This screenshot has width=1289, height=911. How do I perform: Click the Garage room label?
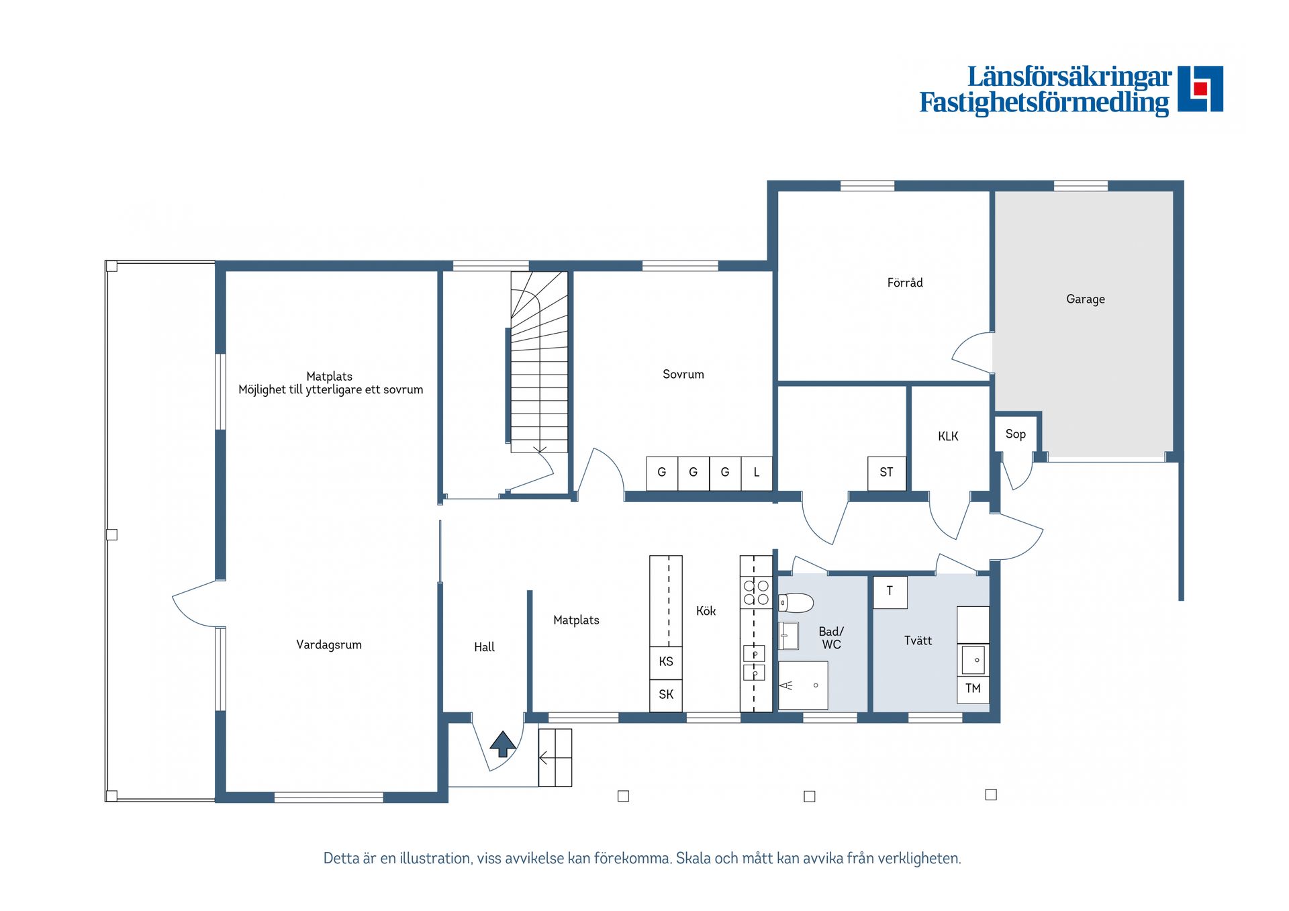pyautogui.click(x=1085, y=299)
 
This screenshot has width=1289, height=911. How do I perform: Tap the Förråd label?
pyautogui.click(x=904, y=283)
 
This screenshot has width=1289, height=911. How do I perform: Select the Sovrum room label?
pyautogui.click(x=683, y=374)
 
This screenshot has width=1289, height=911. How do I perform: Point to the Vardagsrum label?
pyautogui.click(x=328, y=644)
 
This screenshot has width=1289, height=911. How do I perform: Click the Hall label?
pyautogui.click(x=484, y=647)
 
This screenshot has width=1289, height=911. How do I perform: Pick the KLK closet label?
pyautogui.click(x=948, y=436)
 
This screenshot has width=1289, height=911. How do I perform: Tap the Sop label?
pyautogui.click(x=1015, y=434)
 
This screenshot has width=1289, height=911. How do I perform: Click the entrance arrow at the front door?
pyautogui.click(x=503, y=744)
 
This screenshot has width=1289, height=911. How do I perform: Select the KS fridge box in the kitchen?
pyautogui.click(x=666, y=662)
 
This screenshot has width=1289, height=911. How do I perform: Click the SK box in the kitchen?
pyautogui.click(x=666, y=695)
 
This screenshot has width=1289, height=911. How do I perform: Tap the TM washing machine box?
pyautogui.click(x=973, y=689)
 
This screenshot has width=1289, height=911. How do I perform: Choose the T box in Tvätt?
pyautogui.click(x=890, y=591)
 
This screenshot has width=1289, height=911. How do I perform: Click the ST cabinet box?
pyautogui.click(x=886, y=473)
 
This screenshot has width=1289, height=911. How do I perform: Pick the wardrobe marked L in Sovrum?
pyautogui.click(x=757, y=473)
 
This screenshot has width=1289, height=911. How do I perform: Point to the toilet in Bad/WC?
pyautogui.click(x=796, y=602)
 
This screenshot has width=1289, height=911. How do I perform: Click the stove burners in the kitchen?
pyautogui.click(x=756, y=592)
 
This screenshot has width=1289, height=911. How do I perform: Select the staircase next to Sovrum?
pyautogui.click(x=538, y=363)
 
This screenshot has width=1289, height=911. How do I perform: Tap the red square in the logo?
pyautogui.click(x=1200, y=89)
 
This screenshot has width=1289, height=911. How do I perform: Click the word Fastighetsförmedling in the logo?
pyautogui.click(x=1044, y=103)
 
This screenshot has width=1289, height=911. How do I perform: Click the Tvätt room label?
pyautogui.click(x=918, y=640)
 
